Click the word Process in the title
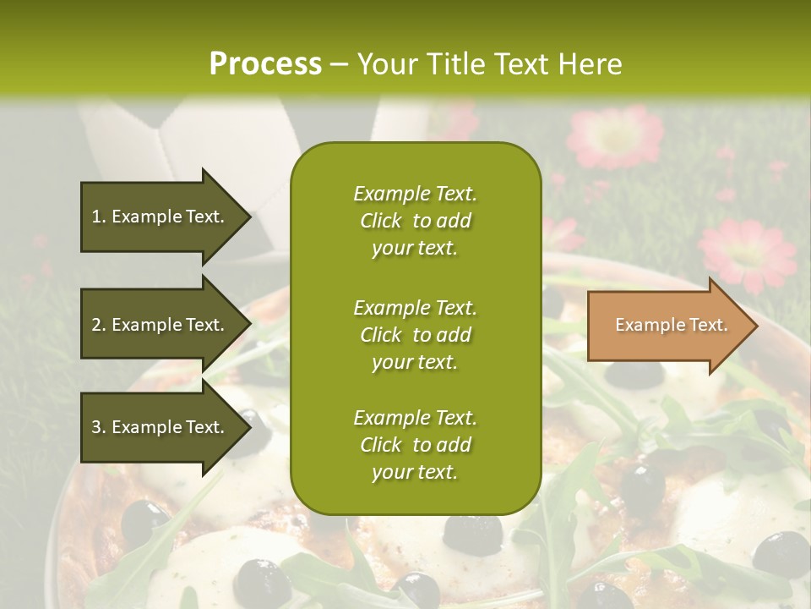265,63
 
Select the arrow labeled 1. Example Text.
161,217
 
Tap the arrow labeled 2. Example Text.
161,325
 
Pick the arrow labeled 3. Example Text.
161,427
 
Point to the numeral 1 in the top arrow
95,217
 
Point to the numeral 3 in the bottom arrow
96,427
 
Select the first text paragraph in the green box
415,221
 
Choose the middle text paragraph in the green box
415,334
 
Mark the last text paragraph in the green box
415,444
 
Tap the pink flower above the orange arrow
747,250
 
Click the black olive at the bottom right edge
781,551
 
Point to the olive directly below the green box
472,531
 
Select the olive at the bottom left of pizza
144,520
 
